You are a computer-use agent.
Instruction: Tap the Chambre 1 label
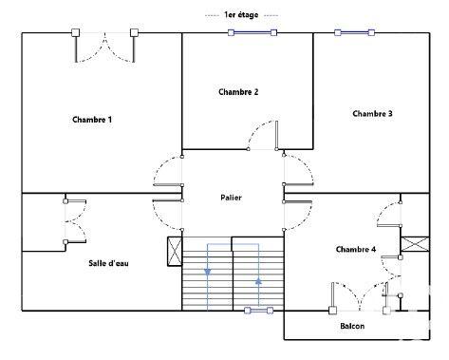coord(92,120)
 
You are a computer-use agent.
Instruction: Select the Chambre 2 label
coord(238,92)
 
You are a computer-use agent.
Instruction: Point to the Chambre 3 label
coord(372,114)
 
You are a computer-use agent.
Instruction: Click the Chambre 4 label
coord(356,249)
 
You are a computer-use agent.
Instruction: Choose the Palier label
coord(232,197)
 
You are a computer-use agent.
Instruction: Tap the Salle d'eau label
coord(109,263)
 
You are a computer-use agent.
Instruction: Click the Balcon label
coord(353,327)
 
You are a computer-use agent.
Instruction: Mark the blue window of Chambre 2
coord(252,32)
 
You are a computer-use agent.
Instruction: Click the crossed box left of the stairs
coord(174,252)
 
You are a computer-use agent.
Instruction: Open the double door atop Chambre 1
coord(104,47)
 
